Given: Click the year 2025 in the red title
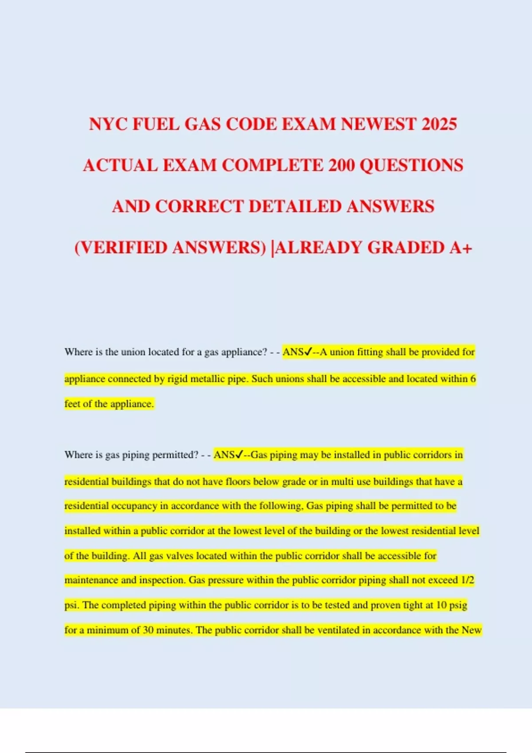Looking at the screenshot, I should [x=439, y=124].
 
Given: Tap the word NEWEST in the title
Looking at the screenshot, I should [x=378, y=124].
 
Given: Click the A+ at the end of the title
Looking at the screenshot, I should [x=461, y=248].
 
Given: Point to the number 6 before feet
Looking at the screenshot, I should [x=473, y=379].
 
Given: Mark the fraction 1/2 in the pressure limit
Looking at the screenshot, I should [x=467, y=580].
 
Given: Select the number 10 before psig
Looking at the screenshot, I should [x=441, y=605].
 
